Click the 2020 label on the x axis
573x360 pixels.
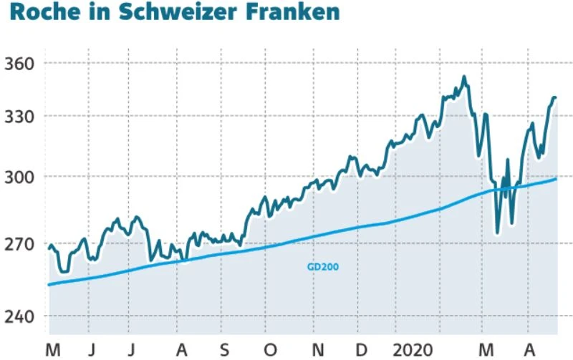point(413,349)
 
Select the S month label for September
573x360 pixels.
point(225,349)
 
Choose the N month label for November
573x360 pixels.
point(317,349)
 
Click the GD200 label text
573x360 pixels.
point(322,267)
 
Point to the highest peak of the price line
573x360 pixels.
point(464,77)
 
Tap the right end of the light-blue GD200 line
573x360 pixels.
point(556,179)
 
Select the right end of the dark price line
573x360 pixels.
point(555,98)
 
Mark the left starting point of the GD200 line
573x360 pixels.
point(49,285)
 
